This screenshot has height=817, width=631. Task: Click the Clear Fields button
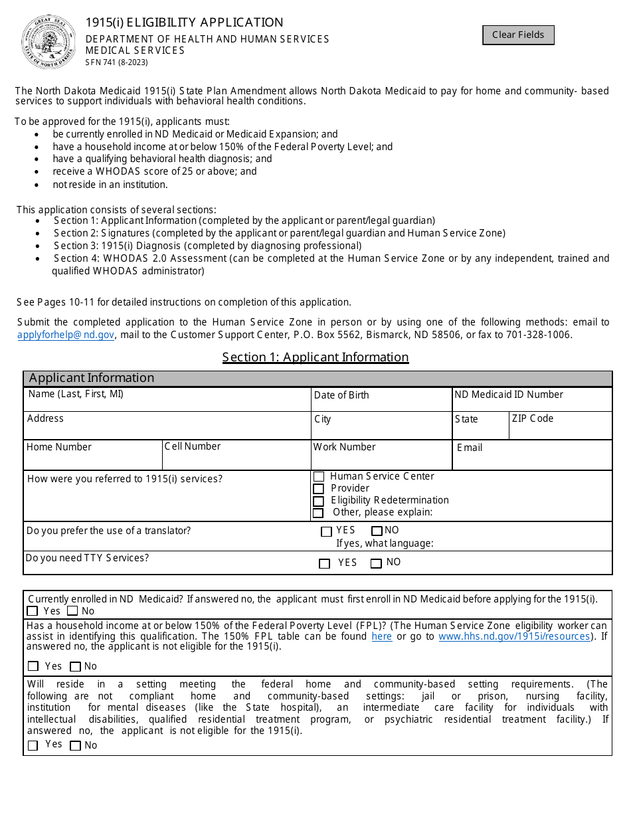point(518,35)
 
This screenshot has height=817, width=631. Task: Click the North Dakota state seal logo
point(48,42)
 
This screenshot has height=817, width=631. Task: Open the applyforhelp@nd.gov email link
point(66,335)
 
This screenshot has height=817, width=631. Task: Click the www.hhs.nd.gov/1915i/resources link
point(514,636)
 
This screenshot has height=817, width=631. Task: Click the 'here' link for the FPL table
point(381,636)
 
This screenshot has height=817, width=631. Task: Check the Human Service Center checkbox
point(319,477)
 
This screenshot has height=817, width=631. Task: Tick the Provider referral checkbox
point(319,489)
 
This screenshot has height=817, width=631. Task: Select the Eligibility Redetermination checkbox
point(319,501)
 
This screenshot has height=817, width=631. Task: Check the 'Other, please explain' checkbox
point(319,513)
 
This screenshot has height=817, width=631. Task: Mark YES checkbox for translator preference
point(326,531)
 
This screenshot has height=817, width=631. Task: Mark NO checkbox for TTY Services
point(377,564)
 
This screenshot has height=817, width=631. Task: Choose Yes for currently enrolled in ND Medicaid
point(33,611)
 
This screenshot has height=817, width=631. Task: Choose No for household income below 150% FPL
point(75,667)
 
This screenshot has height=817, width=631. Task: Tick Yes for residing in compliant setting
point(33,746)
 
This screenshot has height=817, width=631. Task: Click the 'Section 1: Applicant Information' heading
point(315,357)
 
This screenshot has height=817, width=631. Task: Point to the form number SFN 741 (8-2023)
point(117,62)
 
